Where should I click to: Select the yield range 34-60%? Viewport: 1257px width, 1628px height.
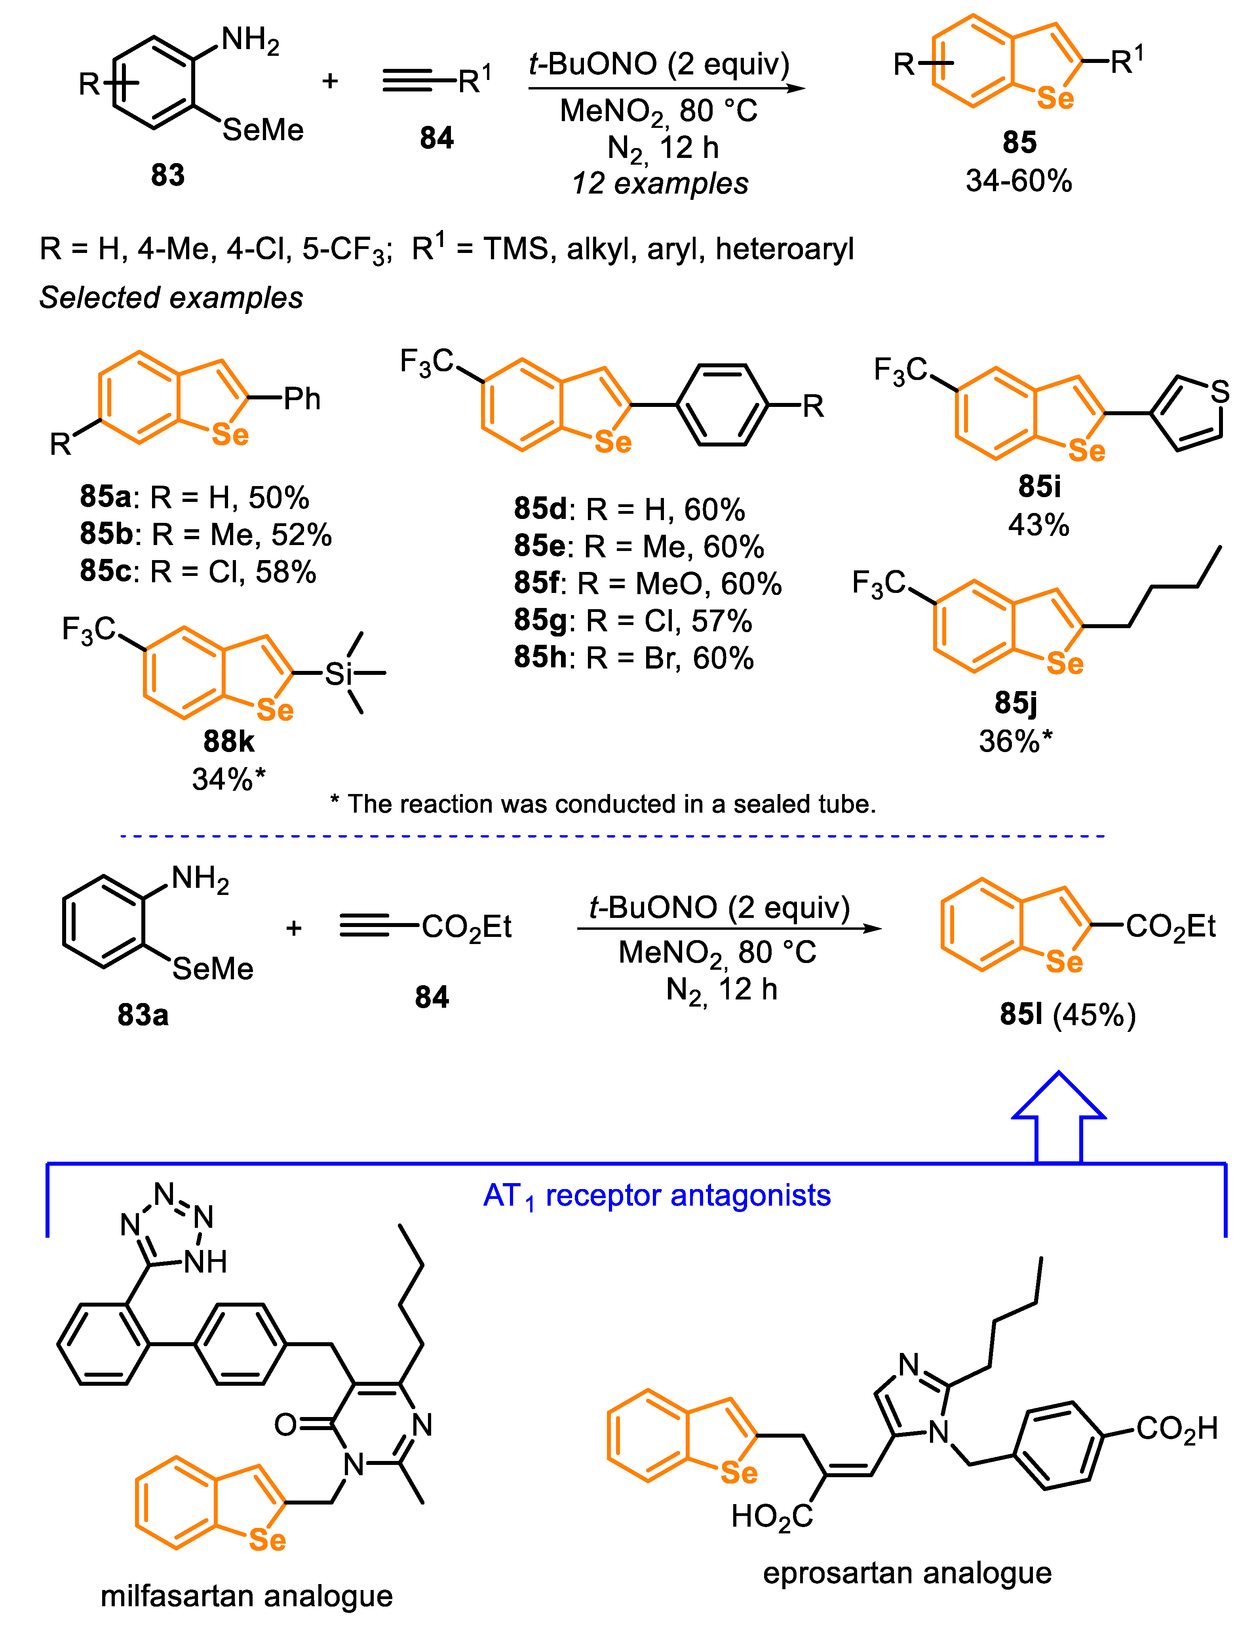click(x=1018, y=181)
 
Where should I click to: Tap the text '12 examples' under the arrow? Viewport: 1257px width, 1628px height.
click(x=660, y=183)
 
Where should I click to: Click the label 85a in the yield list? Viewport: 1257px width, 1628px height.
click(x=106, y=496)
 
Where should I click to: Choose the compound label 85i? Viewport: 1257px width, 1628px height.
click(x=1039, y=487)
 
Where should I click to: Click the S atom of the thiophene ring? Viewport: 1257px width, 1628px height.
click(x=1220, y=391)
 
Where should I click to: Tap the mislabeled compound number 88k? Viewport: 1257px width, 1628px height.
click(x=229, y=742)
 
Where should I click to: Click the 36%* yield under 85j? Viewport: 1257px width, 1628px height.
click(x=1015, y=742)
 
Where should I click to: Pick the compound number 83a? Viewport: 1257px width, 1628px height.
click(x=143, y=1014)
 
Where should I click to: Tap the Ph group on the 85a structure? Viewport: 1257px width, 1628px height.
click(x=302, y=399)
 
